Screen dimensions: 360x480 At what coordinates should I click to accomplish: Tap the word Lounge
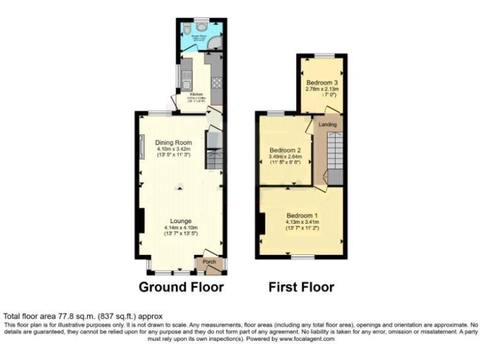(181, 221)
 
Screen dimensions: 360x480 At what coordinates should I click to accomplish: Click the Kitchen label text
(196, 95)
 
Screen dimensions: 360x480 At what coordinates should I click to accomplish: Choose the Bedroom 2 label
(286, 150)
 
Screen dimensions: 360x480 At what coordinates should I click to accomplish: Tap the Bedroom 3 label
(322, 82)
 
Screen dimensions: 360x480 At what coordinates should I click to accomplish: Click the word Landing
(327, 124)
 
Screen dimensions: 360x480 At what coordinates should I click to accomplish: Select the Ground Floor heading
(181, 287)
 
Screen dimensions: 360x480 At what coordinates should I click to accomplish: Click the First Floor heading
(301, 287)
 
